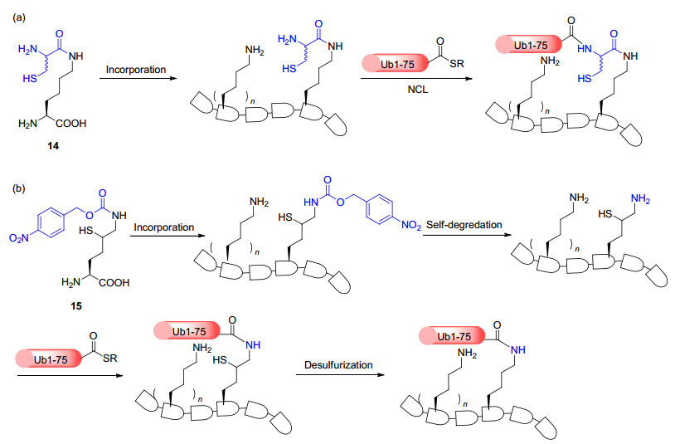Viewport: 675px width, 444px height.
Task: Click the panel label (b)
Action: click(20, 190)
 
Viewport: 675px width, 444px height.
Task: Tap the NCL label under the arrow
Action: click(417, 94)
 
